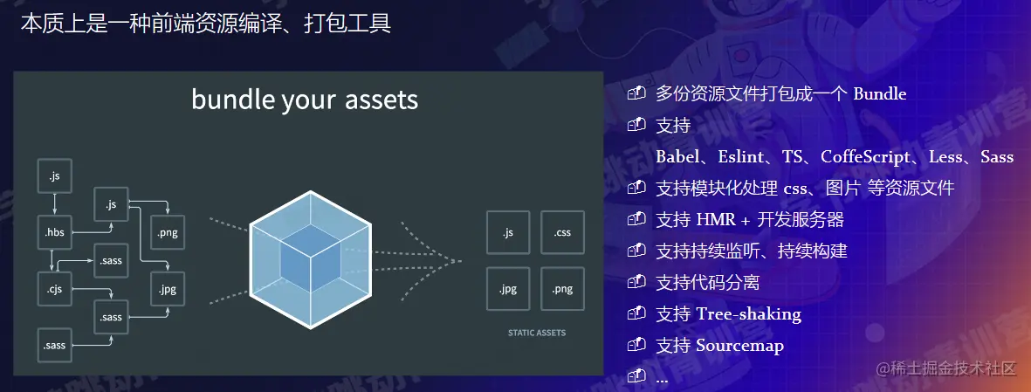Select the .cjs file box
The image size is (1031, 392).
pyautogui.click(x=54, y=287)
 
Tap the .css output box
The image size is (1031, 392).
pyautogui.click(x=562, y=232)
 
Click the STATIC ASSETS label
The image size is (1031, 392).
pyautogui.click(x=536, y=333)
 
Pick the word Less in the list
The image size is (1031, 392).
pyautogui.click(x=948, y=157)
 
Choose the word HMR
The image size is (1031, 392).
pyautogui.click(x=716, y=219)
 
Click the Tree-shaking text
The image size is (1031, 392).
pyautogui.click(x=748, y=313)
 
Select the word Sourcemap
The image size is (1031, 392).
pyautogui.click(x=739, y=345)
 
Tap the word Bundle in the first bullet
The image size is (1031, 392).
pyautogui.click(x=879, y=93)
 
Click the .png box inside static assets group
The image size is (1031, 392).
pyautogui.click(x=562, y=288)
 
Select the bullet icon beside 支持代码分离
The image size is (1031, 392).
pyautogui.click(x=636, y=282)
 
